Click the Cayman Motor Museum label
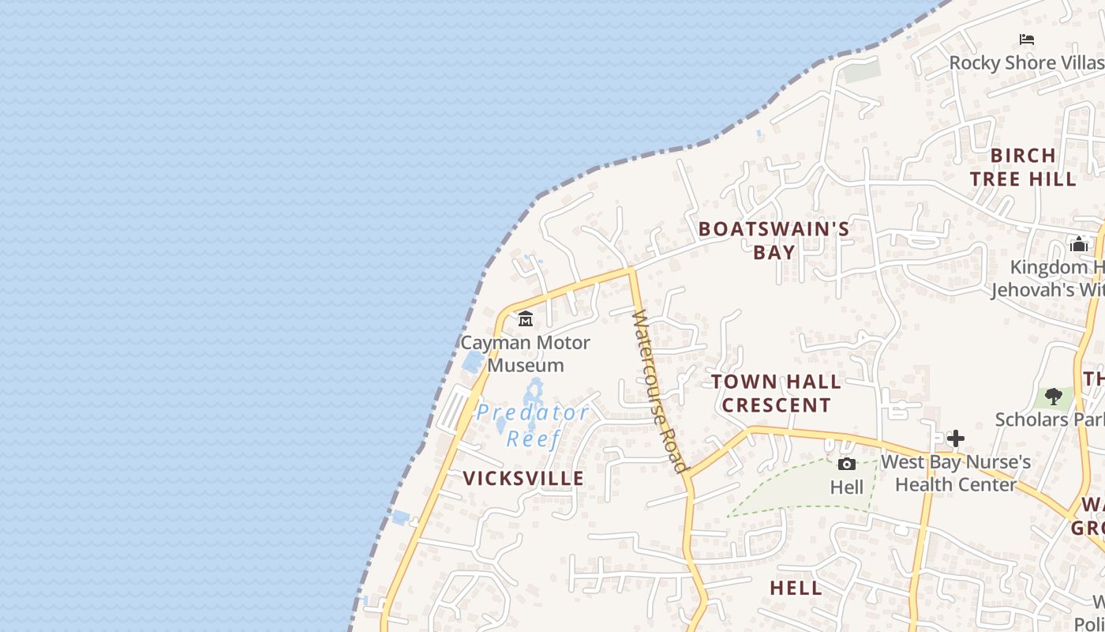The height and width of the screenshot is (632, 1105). [525, 354]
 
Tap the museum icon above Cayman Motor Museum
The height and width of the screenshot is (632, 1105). [526, 319]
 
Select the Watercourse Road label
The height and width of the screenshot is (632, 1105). [660, 391]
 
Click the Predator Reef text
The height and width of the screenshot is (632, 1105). [533, 425]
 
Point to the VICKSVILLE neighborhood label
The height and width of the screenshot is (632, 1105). [523, 478]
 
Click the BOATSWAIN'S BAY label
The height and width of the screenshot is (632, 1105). [773, 240]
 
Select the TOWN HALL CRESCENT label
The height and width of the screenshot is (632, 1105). [776, 393]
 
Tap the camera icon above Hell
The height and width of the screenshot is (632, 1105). [847, 464]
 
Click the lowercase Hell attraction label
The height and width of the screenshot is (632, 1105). [847, 487]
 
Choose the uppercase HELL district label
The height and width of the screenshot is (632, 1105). [796, 588]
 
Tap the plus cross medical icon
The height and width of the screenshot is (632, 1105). [956, 438]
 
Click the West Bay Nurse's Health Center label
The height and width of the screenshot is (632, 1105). [955, 472]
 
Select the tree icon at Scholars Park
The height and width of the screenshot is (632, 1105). [1053, 396]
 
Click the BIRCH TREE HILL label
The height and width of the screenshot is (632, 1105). [1023, 167]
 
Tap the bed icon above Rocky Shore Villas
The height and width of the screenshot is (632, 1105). [1027, 39]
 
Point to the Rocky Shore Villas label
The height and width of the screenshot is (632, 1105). [1026, 62]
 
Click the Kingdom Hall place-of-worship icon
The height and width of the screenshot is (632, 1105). [1079, 244]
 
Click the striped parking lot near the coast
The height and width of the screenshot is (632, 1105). [452, 409]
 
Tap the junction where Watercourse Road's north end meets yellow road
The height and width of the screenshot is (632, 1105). [631, 270]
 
